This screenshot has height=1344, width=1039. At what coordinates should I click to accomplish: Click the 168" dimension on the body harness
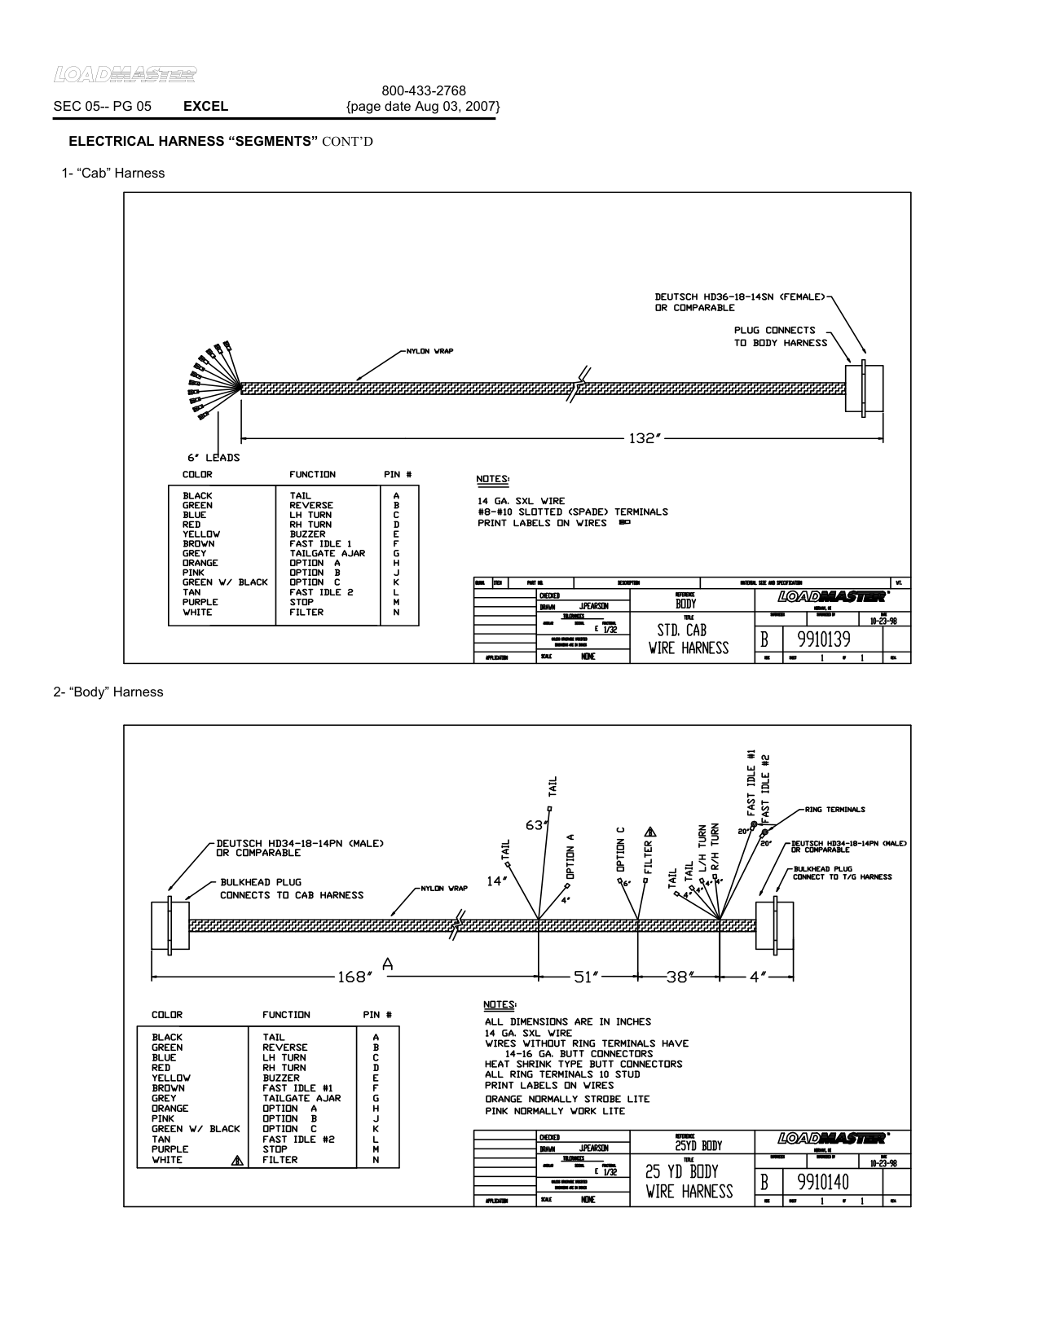click(354, 977)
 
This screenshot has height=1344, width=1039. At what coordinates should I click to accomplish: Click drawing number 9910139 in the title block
click(817, 639)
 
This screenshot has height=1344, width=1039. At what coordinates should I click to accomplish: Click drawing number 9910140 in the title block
click(817, 1183)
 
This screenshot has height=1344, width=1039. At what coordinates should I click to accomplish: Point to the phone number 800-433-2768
click(424, 90)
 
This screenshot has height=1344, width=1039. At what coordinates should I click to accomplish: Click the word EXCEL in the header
click(205, 106)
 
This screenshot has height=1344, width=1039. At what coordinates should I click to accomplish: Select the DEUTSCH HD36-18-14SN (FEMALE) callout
click(740, 297)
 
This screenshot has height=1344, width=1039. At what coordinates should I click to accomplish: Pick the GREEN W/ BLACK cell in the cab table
click(224, 582)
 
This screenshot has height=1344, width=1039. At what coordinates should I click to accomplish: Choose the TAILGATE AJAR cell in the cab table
click(327, 553)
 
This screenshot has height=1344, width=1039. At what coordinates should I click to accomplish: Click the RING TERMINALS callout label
click(834, 810)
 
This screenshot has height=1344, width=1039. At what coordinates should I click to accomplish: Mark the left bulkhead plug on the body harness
click(170, 925)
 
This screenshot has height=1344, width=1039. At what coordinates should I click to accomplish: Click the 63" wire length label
click(535, 825)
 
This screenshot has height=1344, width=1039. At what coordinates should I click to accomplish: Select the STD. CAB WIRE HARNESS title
click(689, 639)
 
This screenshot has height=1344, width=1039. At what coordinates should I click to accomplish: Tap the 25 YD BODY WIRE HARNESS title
click(689, 1182)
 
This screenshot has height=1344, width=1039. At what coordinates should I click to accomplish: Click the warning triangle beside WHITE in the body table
click(237, 1161)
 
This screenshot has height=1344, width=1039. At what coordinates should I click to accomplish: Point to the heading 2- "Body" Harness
click(108, 692)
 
